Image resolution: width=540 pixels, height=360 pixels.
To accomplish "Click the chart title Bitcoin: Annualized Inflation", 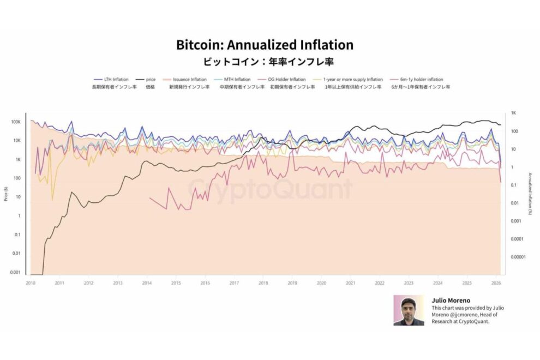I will point(265,45).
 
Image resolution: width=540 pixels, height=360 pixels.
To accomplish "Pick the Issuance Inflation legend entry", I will point(190,80).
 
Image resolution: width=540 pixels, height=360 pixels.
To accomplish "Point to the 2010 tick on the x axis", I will point(31,283).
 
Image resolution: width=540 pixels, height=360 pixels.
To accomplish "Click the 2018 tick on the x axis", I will point(263,283).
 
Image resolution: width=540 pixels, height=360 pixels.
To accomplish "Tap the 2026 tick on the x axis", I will point(496,283).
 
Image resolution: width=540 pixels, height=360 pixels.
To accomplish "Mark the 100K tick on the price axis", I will point(16,122).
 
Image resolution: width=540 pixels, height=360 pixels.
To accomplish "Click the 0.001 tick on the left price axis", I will point(16,272).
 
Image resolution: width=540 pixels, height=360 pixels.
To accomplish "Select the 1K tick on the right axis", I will point(514,113).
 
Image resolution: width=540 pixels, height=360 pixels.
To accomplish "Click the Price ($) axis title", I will point(6,194).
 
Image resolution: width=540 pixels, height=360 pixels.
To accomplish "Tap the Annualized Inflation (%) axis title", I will point(530,194).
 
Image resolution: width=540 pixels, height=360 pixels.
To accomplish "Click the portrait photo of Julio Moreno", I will point(409,310).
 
